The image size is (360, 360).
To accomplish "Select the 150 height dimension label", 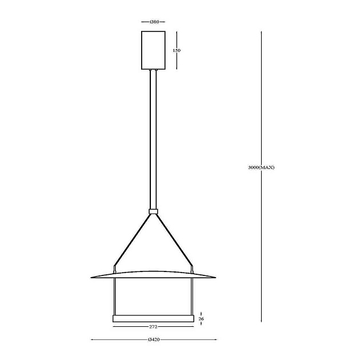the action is pos(177,50).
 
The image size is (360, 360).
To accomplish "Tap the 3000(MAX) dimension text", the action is pos(261,167).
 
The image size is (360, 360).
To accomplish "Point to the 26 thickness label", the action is pos(201,319).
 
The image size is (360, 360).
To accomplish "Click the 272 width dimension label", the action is pos(153,327).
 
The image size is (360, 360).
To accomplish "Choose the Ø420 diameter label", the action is pos(154,339).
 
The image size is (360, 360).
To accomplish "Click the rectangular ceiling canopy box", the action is pos(153,50).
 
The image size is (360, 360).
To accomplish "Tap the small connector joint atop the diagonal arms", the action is pos(153,211).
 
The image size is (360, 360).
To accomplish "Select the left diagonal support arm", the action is pos(132,239).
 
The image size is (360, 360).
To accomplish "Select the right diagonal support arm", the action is pos(174,239).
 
